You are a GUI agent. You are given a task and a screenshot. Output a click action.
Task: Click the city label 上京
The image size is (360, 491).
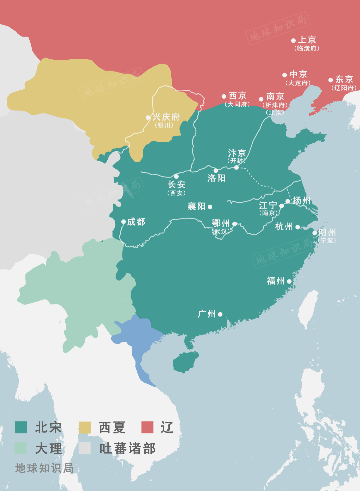(x=307, y=40)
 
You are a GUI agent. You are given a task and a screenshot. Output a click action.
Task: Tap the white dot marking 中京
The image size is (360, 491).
(x=285, y=75)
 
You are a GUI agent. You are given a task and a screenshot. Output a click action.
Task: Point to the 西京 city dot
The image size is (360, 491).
(x=224, y=97)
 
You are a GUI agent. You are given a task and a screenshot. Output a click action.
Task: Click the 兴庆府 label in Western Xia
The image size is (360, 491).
(x=166, y=117)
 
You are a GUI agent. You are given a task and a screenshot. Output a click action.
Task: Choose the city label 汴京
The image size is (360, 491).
(x=237, y=153)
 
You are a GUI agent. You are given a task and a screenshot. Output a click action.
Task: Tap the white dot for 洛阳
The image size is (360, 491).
(x=216, y=171)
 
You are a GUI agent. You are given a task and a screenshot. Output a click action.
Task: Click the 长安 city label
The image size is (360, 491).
(x=176, y=185)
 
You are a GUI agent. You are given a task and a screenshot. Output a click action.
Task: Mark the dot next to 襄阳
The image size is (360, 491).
(x=210, y=207)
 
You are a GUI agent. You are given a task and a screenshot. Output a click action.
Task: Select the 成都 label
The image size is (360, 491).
(x=136, y=222)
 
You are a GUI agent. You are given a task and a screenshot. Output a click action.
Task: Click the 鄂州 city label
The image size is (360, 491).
(x=221, y=223)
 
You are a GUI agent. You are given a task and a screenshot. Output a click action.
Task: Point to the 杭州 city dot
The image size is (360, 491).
(x=298, y=227)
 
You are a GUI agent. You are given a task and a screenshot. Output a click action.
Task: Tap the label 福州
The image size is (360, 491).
(x=276, y=281)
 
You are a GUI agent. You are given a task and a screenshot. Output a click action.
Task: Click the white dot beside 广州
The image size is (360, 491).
(x=220, y=314)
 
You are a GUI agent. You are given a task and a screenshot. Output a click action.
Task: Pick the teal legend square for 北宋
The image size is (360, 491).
(x=21, y=427)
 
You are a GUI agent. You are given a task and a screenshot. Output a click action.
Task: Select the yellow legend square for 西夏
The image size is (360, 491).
(x=85, y=427)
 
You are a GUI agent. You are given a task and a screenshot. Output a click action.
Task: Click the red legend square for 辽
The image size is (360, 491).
(x=147, y=427)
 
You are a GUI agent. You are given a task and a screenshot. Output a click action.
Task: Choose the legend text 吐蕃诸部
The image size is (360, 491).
(x=127, y=449)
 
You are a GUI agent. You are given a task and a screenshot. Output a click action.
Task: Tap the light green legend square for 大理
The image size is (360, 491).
(x=21, y=448)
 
